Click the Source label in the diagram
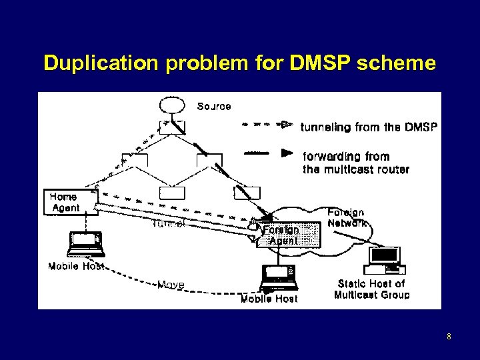[x=214, y=106]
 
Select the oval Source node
[x=171, y=105]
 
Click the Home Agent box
[x=64, y=202]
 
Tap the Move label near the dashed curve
[x=171, y=285]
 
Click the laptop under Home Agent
[x=86, y=243]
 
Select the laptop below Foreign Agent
[x=278, y=277]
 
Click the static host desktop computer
[x=386, y=260]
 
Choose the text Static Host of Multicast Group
[x=371, y=289]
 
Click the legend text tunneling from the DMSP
[x=369, y=126]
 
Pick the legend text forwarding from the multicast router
[x=355, y=163]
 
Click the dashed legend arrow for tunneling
[x=266, y=124]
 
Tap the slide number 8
[x=449, y=337]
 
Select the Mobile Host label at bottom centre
[x=269, y=299]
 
